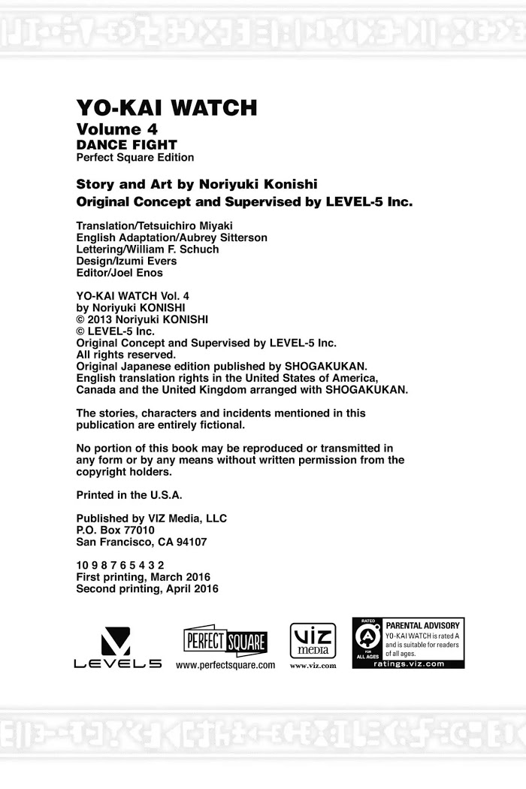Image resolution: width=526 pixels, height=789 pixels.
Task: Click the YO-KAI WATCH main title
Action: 166,108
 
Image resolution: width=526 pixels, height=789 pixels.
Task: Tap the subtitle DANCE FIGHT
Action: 127,144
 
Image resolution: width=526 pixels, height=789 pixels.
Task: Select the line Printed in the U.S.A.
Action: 129,495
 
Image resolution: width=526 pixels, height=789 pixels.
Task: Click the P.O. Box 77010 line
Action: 116,530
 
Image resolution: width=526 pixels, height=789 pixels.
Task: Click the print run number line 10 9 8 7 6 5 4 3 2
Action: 120,565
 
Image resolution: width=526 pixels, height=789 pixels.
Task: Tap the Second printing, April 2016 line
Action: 147,589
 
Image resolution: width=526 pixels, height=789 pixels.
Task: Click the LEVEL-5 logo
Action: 117,648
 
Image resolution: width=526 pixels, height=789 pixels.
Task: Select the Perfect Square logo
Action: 225,641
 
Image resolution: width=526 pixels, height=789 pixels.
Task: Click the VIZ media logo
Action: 312,640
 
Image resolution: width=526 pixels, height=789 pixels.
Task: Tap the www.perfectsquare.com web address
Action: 225,666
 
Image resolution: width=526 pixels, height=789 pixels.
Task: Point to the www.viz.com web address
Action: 312,666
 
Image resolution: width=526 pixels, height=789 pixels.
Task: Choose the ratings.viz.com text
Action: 409,664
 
